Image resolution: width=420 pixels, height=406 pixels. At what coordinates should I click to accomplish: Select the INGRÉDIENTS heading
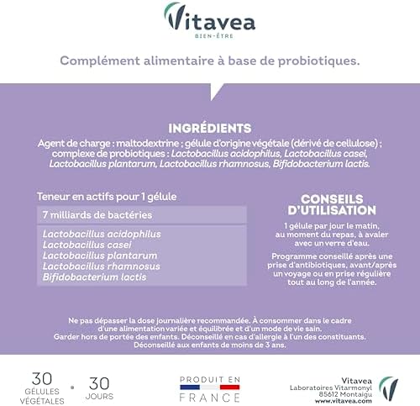pyautogui.click(x=209, y=129)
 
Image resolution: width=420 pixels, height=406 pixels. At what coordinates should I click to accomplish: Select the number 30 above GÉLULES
pyautogui.click(x=42, y=379)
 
